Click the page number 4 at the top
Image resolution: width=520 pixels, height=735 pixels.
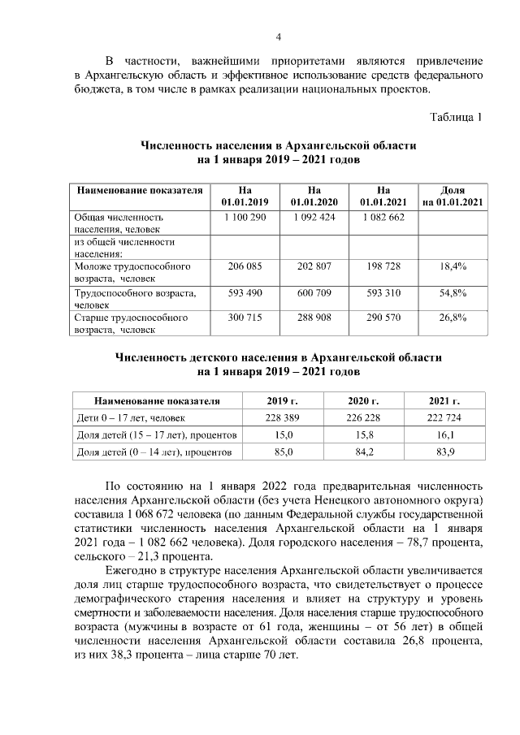278,37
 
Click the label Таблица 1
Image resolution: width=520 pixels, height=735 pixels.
457,117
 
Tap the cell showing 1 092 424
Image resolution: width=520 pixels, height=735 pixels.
314,218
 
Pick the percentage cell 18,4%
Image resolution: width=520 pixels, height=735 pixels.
453,266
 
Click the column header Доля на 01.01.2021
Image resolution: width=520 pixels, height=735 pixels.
453,195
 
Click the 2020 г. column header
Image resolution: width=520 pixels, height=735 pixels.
364,401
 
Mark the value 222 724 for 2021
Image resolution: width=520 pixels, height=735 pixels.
444,417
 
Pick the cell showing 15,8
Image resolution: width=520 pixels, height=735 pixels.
364,435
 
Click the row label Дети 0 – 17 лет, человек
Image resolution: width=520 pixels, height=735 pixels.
130,417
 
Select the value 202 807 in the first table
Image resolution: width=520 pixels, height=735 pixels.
314,266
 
